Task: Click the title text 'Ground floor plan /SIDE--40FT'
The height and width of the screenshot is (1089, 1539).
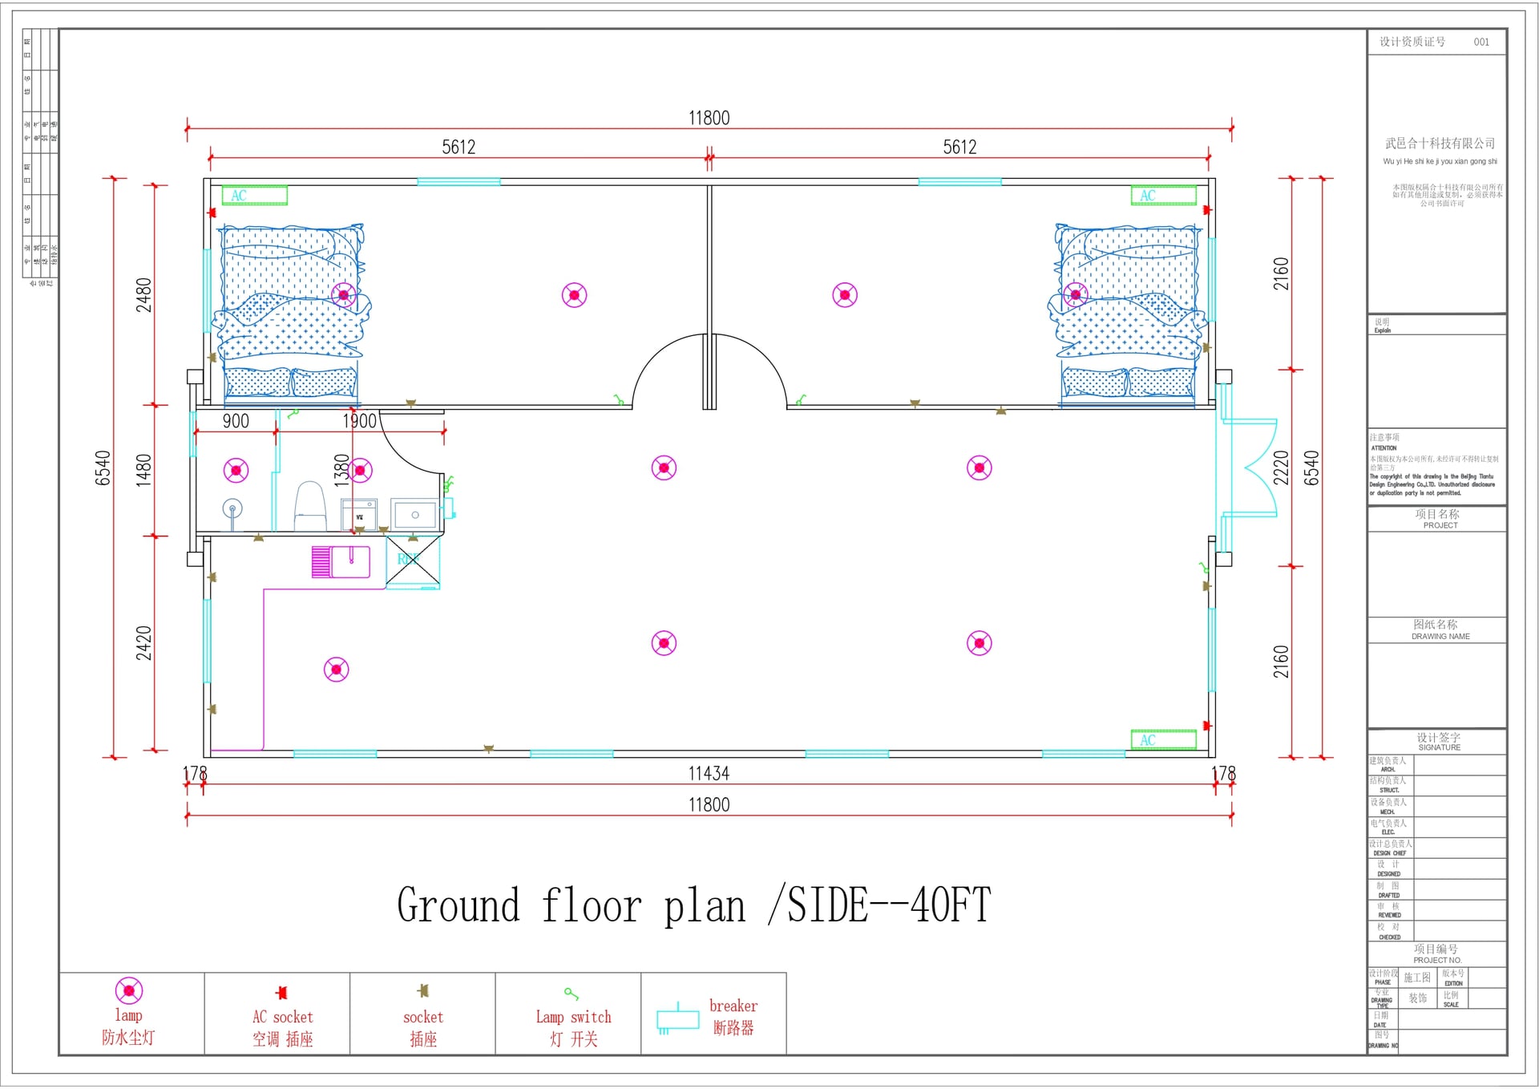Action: click(x=693, y=905)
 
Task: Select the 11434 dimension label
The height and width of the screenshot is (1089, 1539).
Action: click(x=709, y=774)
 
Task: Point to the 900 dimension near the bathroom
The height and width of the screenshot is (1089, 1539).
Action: click(x=236, y=422)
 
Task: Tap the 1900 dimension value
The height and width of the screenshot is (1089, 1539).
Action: click(x=359, y=422)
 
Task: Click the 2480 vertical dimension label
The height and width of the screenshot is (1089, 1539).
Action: click(x=143, y=294)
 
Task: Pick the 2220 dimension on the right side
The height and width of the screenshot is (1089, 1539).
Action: click(x=1281, y=468)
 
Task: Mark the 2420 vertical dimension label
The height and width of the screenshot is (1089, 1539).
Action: click(x=143, y=643)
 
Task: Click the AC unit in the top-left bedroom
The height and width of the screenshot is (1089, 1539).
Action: click(x=254, y=196)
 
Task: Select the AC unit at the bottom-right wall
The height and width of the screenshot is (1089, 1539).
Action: click(x=1163, y=740)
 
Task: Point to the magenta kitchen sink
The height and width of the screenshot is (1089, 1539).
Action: click(x=341, y=561)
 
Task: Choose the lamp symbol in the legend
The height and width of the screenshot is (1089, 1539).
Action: click(x=129, y=991)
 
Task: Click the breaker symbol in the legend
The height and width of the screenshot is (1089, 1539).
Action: click(x=677, y=1018)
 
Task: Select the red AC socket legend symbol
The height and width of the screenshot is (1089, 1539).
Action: click(x=281, y=993)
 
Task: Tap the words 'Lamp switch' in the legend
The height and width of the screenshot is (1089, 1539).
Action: click(x=573, y=1017)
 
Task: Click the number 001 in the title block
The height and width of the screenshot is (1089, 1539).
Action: click(x=1481, y=42)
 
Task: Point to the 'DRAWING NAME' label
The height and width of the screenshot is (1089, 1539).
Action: click(x=1440, y=637)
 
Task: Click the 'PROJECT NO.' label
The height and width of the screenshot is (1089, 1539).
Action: click(x=1437, y=960)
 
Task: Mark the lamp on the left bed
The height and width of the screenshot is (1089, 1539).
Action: click(x=344, y=295)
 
